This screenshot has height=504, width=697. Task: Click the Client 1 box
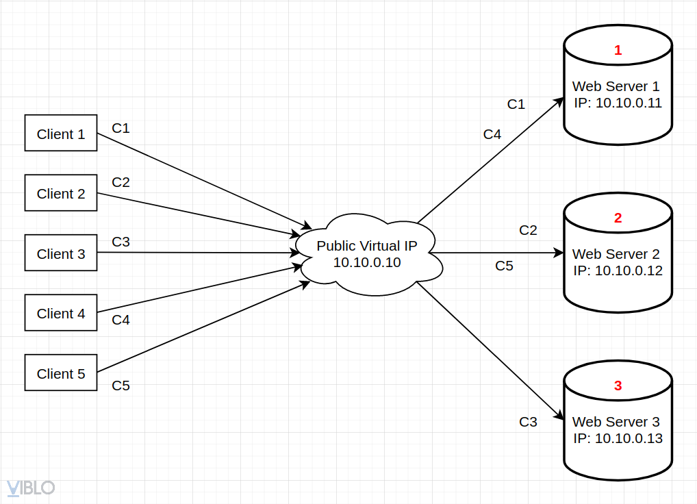coord(61,134)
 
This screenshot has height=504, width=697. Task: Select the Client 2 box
coord(61,194)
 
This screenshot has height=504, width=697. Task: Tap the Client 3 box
coord(61,254)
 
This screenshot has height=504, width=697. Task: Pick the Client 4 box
coord(61,314)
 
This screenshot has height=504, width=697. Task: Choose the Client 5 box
coord(61,374)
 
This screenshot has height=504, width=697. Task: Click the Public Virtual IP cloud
coord(367,254)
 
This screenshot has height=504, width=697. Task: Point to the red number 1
coord(618,51)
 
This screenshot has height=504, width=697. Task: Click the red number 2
coord(618,218)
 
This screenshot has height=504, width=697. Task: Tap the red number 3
coord(618,386)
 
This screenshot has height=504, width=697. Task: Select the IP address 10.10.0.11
coord(629,103)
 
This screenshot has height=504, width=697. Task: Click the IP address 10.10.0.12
coord(629,270)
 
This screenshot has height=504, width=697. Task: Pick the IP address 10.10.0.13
coord(629,438)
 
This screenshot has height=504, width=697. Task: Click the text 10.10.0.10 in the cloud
coord(367,262)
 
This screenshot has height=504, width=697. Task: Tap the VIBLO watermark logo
coord(30,488)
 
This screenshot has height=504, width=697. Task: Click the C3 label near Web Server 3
coord(528,422)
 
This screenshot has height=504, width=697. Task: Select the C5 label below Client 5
coord(121,386)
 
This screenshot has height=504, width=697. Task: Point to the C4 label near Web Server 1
coord(492,134)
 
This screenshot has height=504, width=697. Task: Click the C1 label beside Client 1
coord(121,128)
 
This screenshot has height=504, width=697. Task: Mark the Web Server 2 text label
coord(616,254)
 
